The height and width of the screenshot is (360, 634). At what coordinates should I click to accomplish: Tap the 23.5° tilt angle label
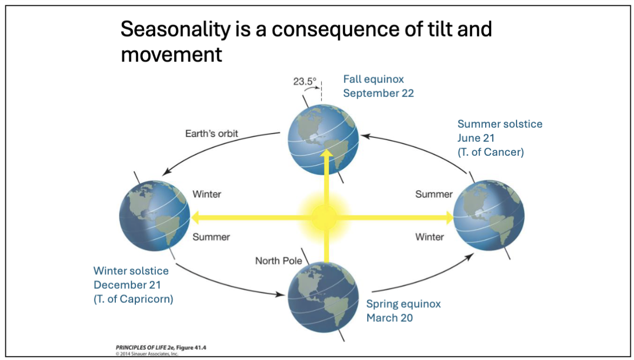click(304, 81)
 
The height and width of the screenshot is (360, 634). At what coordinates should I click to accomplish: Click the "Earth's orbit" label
click(212, 134)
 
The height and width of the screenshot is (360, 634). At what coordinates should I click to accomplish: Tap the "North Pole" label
click(275, 261)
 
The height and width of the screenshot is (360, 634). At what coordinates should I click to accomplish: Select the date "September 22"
click(378, 93)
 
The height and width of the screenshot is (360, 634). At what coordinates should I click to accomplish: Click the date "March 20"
click(389, 318)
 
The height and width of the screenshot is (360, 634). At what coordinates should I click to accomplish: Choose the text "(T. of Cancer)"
click(491, 152)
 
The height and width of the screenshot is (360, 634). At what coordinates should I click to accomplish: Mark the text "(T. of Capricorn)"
click(133, 299)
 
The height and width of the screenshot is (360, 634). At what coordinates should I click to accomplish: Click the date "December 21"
click(127, 285)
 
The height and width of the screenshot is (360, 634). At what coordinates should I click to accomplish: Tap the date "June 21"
click(477, 138)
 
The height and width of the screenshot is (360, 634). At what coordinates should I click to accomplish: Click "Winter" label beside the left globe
click(207, 194)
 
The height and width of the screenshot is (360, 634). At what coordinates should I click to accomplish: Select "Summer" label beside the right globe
click(433, 194)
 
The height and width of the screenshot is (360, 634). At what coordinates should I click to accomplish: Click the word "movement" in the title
click(171, 54)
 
